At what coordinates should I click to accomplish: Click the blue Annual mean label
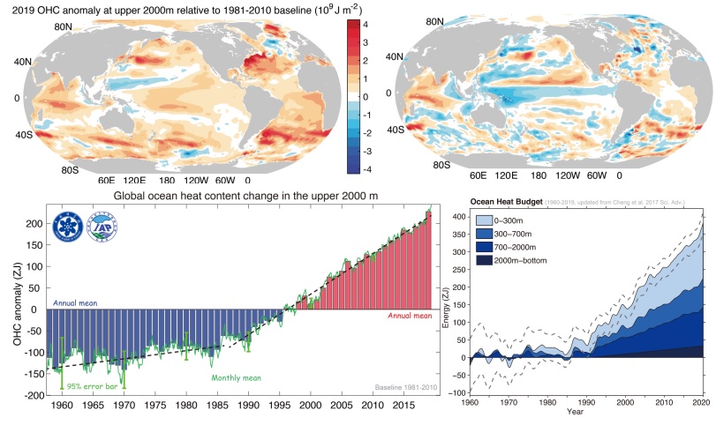[75, 302]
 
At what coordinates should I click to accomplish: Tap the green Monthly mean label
[236, 379]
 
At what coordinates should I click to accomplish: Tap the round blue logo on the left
[71, 227]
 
